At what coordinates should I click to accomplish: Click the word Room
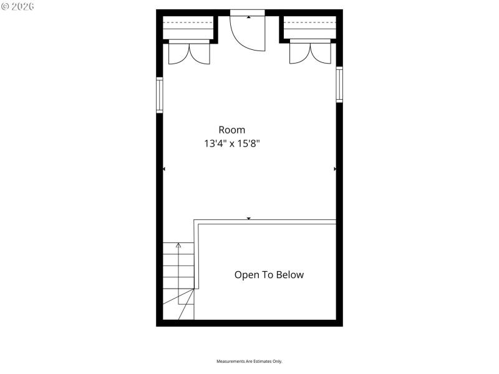(x=231, y=130)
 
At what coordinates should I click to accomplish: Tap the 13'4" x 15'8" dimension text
(x=231, y=143)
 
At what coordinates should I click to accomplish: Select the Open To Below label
(x=269, y=274)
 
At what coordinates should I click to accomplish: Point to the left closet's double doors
(x=190, y=53)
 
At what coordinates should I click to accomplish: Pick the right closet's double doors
(x=310, y=53)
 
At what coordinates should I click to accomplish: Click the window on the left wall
(x=160, y=94)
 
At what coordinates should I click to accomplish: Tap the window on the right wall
(x=339, y=84)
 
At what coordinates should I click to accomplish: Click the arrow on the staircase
(x=178, y=246)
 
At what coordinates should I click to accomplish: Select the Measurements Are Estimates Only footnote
(x=249, y=362)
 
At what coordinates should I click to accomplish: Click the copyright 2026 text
(x=18, y=6)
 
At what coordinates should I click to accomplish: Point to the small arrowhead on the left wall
(x=164, y=169)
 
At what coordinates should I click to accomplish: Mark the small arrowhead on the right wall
(x=335, y=169)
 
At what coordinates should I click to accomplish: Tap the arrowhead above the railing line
(x=249, y=218)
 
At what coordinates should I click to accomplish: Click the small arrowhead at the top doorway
(x=249, y=17)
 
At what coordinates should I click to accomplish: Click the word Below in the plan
(x=289, y=274)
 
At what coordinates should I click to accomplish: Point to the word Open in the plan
(x=245, y=274)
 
